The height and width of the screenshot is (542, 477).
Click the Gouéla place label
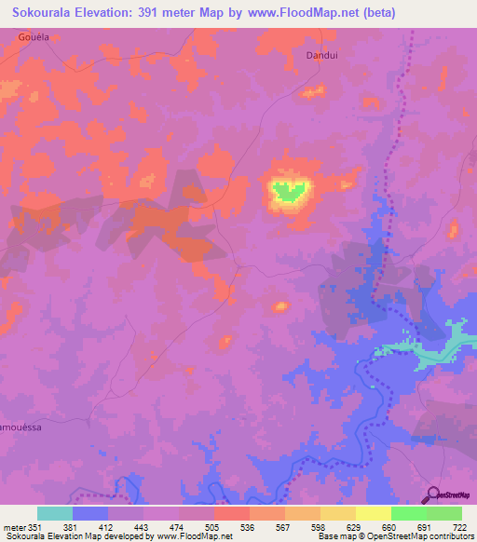pos(33,36)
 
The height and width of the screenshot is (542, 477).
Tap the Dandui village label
pos(320,55)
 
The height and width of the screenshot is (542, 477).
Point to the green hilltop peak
pos(289,191)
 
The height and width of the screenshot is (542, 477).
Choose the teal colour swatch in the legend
pos(54,513)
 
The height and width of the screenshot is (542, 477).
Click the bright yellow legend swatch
pos(373,513)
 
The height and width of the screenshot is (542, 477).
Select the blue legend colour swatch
pos(89,513)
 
